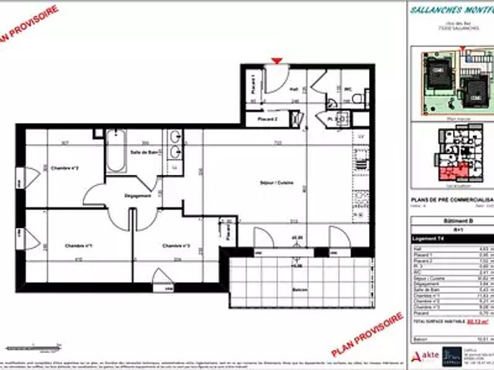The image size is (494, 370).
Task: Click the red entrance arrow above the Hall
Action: (x=277, y=61)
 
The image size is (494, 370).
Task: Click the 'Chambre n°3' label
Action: (x=176, y=246)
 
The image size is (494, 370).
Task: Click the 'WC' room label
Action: (x=348, y=88)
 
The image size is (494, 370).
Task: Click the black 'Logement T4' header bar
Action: (x=451, y=239)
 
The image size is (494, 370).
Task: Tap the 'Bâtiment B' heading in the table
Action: (x=451, y=220)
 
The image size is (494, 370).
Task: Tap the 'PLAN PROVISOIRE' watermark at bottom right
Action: (x=371, y=338)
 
